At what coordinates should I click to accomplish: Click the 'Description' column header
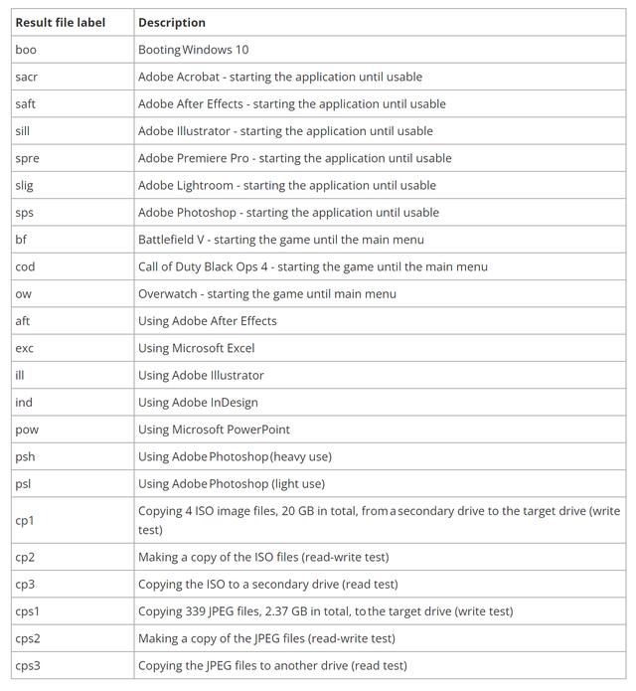(172, 22)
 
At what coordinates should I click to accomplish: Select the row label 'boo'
(26, 50)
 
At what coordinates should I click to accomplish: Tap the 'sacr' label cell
(27, 77)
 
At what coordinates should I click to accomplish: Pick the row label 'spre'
(28, 158)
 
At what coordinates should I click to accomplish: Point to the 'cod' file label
(25, 266)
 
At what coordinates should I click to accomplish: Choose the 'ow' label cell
(23, 293)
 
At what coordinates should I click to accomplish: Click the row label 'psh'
(25, 456)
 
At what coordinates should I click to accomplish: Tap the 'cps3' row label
(28, 665)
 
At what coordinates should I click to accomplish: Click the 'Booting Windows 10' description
(194, 50)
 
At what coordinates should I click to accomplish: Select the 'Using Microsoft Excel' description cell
(197, 348)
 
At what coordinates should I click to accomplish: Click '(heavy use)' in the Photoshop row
(300, 456)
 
